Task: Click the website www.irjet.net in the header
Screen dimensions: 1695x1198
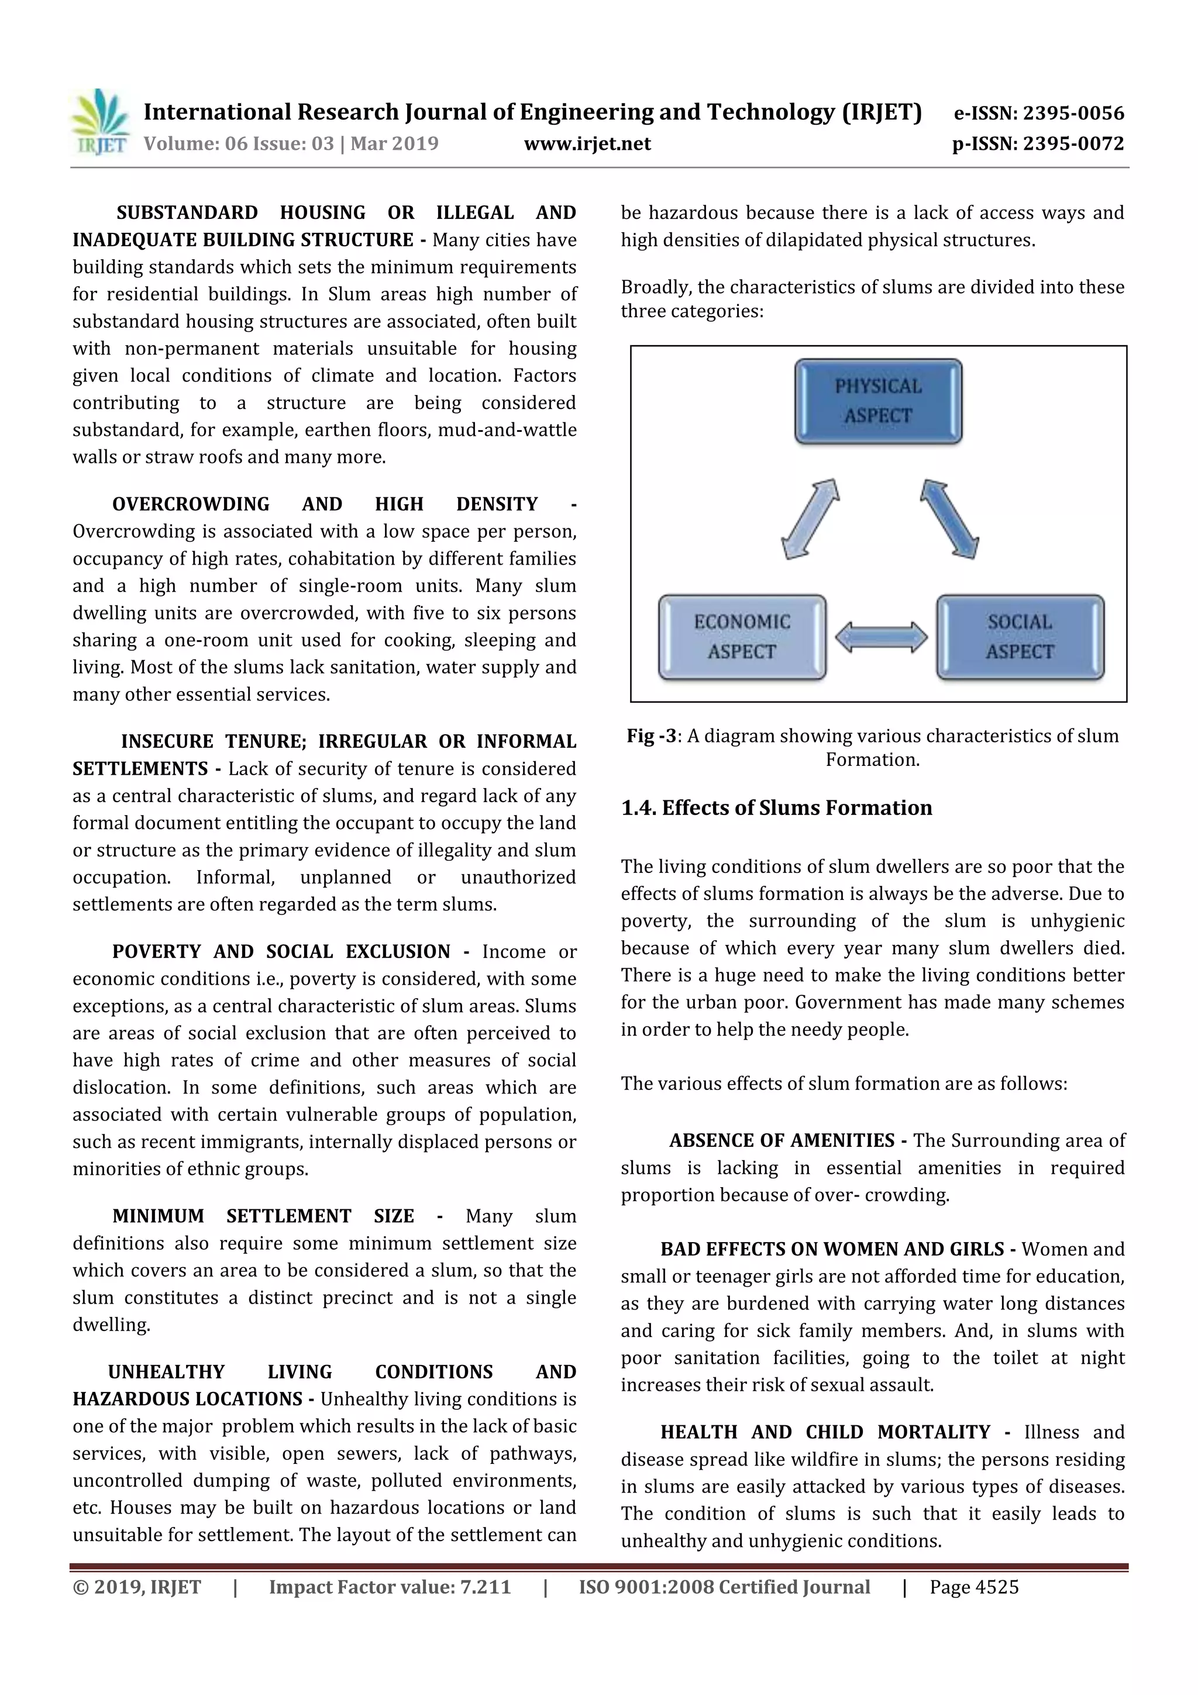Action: (x=587, y=143)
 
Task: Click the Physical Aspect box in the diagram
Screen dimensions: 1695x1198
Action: (x=877, y=401)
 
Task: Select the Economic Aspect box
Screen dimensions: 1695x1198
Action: (x=742, y=637)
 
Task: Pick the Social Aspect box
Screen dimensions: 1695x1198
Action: (x=1020, y=637)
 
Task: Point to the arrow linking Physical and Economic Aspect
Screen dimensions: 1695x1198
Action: (x=810, y=518)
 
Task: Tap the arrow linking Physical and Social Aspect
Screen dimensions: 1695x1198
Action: (x=949, y=518)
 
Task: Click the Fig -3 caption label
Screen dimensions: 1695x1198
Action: (x=651, y=736)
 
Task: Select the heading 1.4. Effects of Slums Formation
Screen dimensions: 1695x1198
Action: (x=776, y=807)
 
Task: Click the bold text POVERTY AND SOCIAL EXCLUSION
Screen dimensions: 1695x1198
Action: (x=281, y=951)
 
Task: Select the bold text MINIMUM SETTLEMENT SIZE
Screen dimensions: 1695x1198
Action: (x=263, y=1216)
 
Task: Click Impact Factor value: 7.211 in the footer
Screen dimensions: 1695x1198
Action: (x=390, y=1587)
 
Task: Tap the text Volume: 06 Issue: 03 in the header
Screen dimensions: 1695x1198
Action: (x=239, y=143)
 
